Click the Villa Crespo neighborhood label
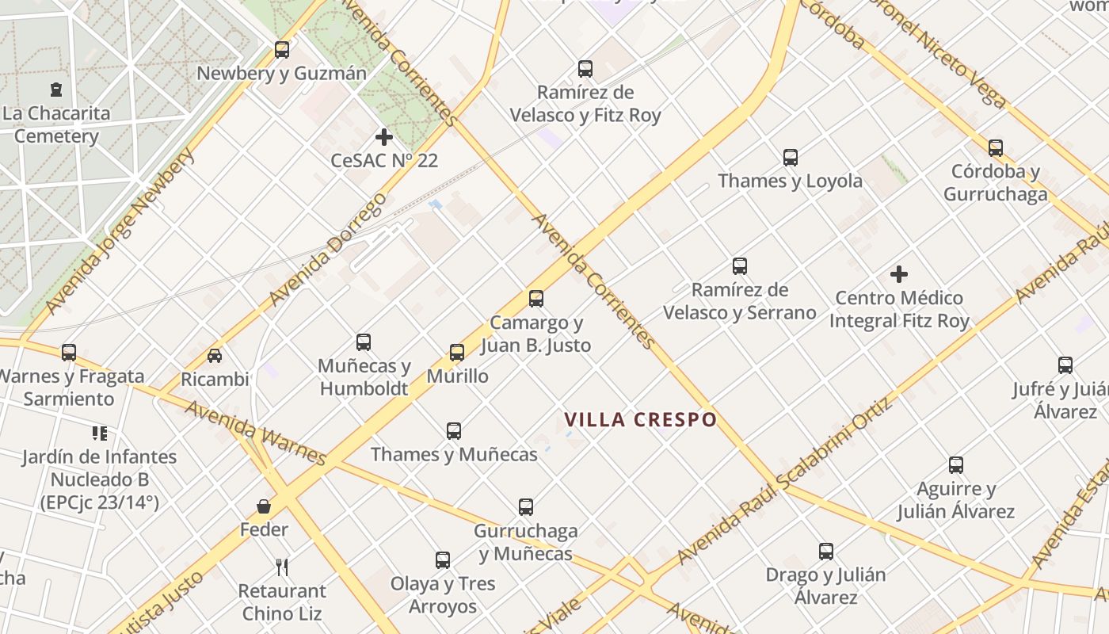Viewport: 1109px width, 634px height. coord(640,419)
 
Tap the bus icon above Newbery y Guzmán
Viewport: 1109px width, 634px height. coord(281,50)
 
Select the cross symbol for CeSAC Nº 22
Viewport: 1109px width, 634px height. coord(384,137)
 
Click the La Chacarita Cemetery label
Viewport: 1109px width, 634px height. coord(56,124)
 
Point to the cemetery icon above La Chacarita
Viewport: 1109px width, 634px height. coord(55,90)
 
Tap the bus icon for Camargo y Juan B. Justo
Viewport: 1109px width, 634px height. coord(536,299)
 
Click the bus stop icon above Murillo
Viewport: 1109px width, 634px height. coord(457,353)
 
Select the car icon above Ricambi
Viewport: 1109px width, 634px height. coord(215,356)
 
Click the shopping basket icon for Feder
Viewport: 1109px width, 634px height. coord(264,506)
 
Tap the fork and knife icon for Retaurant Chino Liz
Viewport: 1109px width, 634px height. coord(282,567)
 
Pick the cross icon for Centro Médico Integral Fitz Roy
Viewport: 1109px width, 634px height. coord(898,274)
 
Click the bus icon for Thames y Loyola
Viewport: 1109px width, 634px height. coord(790,157)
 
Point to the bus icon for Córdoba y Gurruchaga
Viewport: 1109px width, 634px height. coord(995,147)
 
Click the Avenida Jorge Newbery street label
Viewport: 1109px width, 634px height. coord(120,231)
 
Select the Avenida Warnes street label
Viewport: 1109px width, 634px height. coord(255,433)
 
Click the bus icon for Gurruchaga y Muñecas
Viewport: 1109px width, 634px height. coord(526,507)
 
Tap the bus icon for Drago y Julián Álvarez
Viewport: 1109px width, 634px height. coord(825,551)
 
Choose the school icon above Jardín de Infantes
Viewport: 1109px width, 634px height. coord(99,433)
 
